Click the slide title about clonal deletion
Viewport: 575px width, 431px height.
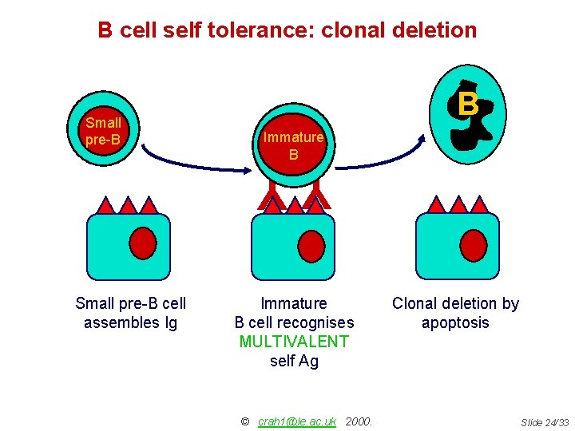coord(287,30)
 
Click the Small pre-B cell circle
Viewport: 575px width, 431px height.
coord(104,132)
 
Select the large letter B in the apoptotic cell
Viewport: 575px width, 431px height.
coord(469,105)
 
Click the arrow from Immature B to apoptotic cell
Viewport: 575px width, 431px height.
coord(383,160)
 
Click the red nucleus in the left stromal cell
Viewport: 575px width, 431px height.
coord(142,245)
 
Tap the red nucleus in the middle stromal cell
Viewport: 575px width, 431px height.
coord(308,245)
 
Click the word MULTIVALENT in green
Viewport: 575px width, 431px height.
coord(294,342)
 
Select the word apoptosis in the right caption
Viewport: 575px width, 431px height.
coord(455,323)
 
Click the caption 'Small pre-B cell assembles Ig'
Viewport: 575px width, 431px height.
coord(130,313)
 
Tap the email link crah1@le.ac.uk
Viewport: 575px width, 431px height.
coord(297,421)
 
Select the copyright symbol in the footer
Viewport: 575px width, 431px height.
coord(245,421)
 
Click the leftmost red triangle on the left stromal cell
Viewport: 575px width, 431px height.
coord(106,206)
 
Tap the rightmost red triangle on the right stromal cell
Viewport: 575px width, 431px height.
coord(478,205)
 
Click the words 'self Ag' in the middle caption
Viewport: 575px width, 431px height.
coord(294,362)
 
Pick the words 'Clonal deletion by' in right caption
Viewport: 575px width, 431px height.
coord(455,303)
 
